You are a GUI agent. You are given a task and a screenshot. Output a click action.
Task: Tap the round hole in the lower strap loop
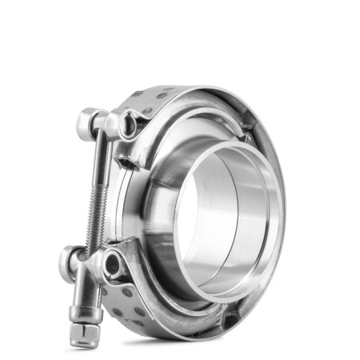pos(112,263)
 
